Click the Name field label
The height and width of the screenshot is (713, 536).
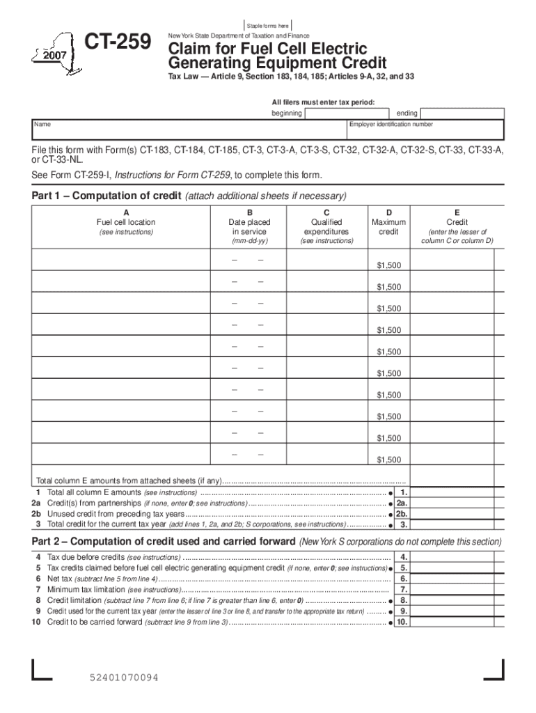click(x=42, y=125)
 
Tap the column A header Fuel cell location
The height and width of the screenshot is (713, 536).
click(x=125, y=222)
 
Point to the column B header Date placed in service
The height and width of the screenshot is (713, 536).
click(x=249, y=226)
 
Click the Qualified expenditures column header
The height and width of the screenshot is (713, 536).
click(x=326, y=226)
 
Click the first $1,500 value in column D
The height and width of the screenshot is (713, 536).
click(x=388, y=266)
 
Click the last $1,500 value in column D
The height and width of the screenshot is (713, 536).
click(x=388, y=460)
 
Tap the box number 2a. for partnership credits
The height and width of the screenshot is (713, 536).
click(x=402, y=503)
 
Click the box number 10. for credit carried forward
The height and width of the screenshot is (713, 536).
click(x=402, y=622)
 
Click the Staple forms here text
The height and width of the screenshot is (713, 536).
click(x=268, y=26)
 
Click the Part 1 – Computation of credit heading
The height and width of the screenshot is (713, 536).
click(x=107, y=195)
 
